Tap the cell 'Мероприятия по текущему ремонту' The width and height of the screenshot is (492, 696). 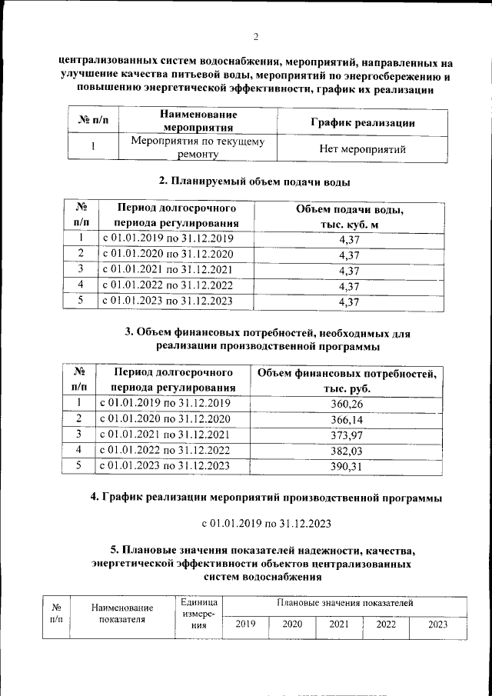[x=198, y=148]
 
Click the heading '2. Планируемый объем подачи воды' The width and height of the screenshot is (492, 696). [x=254, y=182]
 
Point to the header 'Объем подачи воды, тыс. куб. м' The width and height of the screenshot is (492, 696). [x=349, y=216]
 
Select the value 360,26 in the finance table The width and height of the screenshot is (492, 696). [x=346, y=403]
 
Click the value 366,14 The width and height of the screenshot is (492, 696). [x=346, y=418]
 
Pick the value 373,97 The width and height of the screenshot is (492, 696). [x=346, y=434]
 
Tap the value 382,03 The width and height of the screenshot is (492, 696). [x=346, y=449]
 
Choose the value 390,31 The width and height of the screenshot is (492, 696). [x=346, y=465]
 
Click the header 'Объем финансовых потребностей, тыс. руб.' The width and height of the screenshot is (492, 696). [x=347, y=381]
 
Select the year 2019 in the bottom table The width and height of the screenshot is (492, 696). [x=245, y=624]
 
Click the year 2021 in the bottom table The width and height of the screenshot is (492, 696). [x=339, y=624]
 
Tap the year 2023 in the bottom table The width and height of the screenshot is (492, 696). [x=437, y=624]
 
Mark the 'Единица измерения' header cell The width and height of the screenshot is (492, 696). [x=198, y=614]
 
